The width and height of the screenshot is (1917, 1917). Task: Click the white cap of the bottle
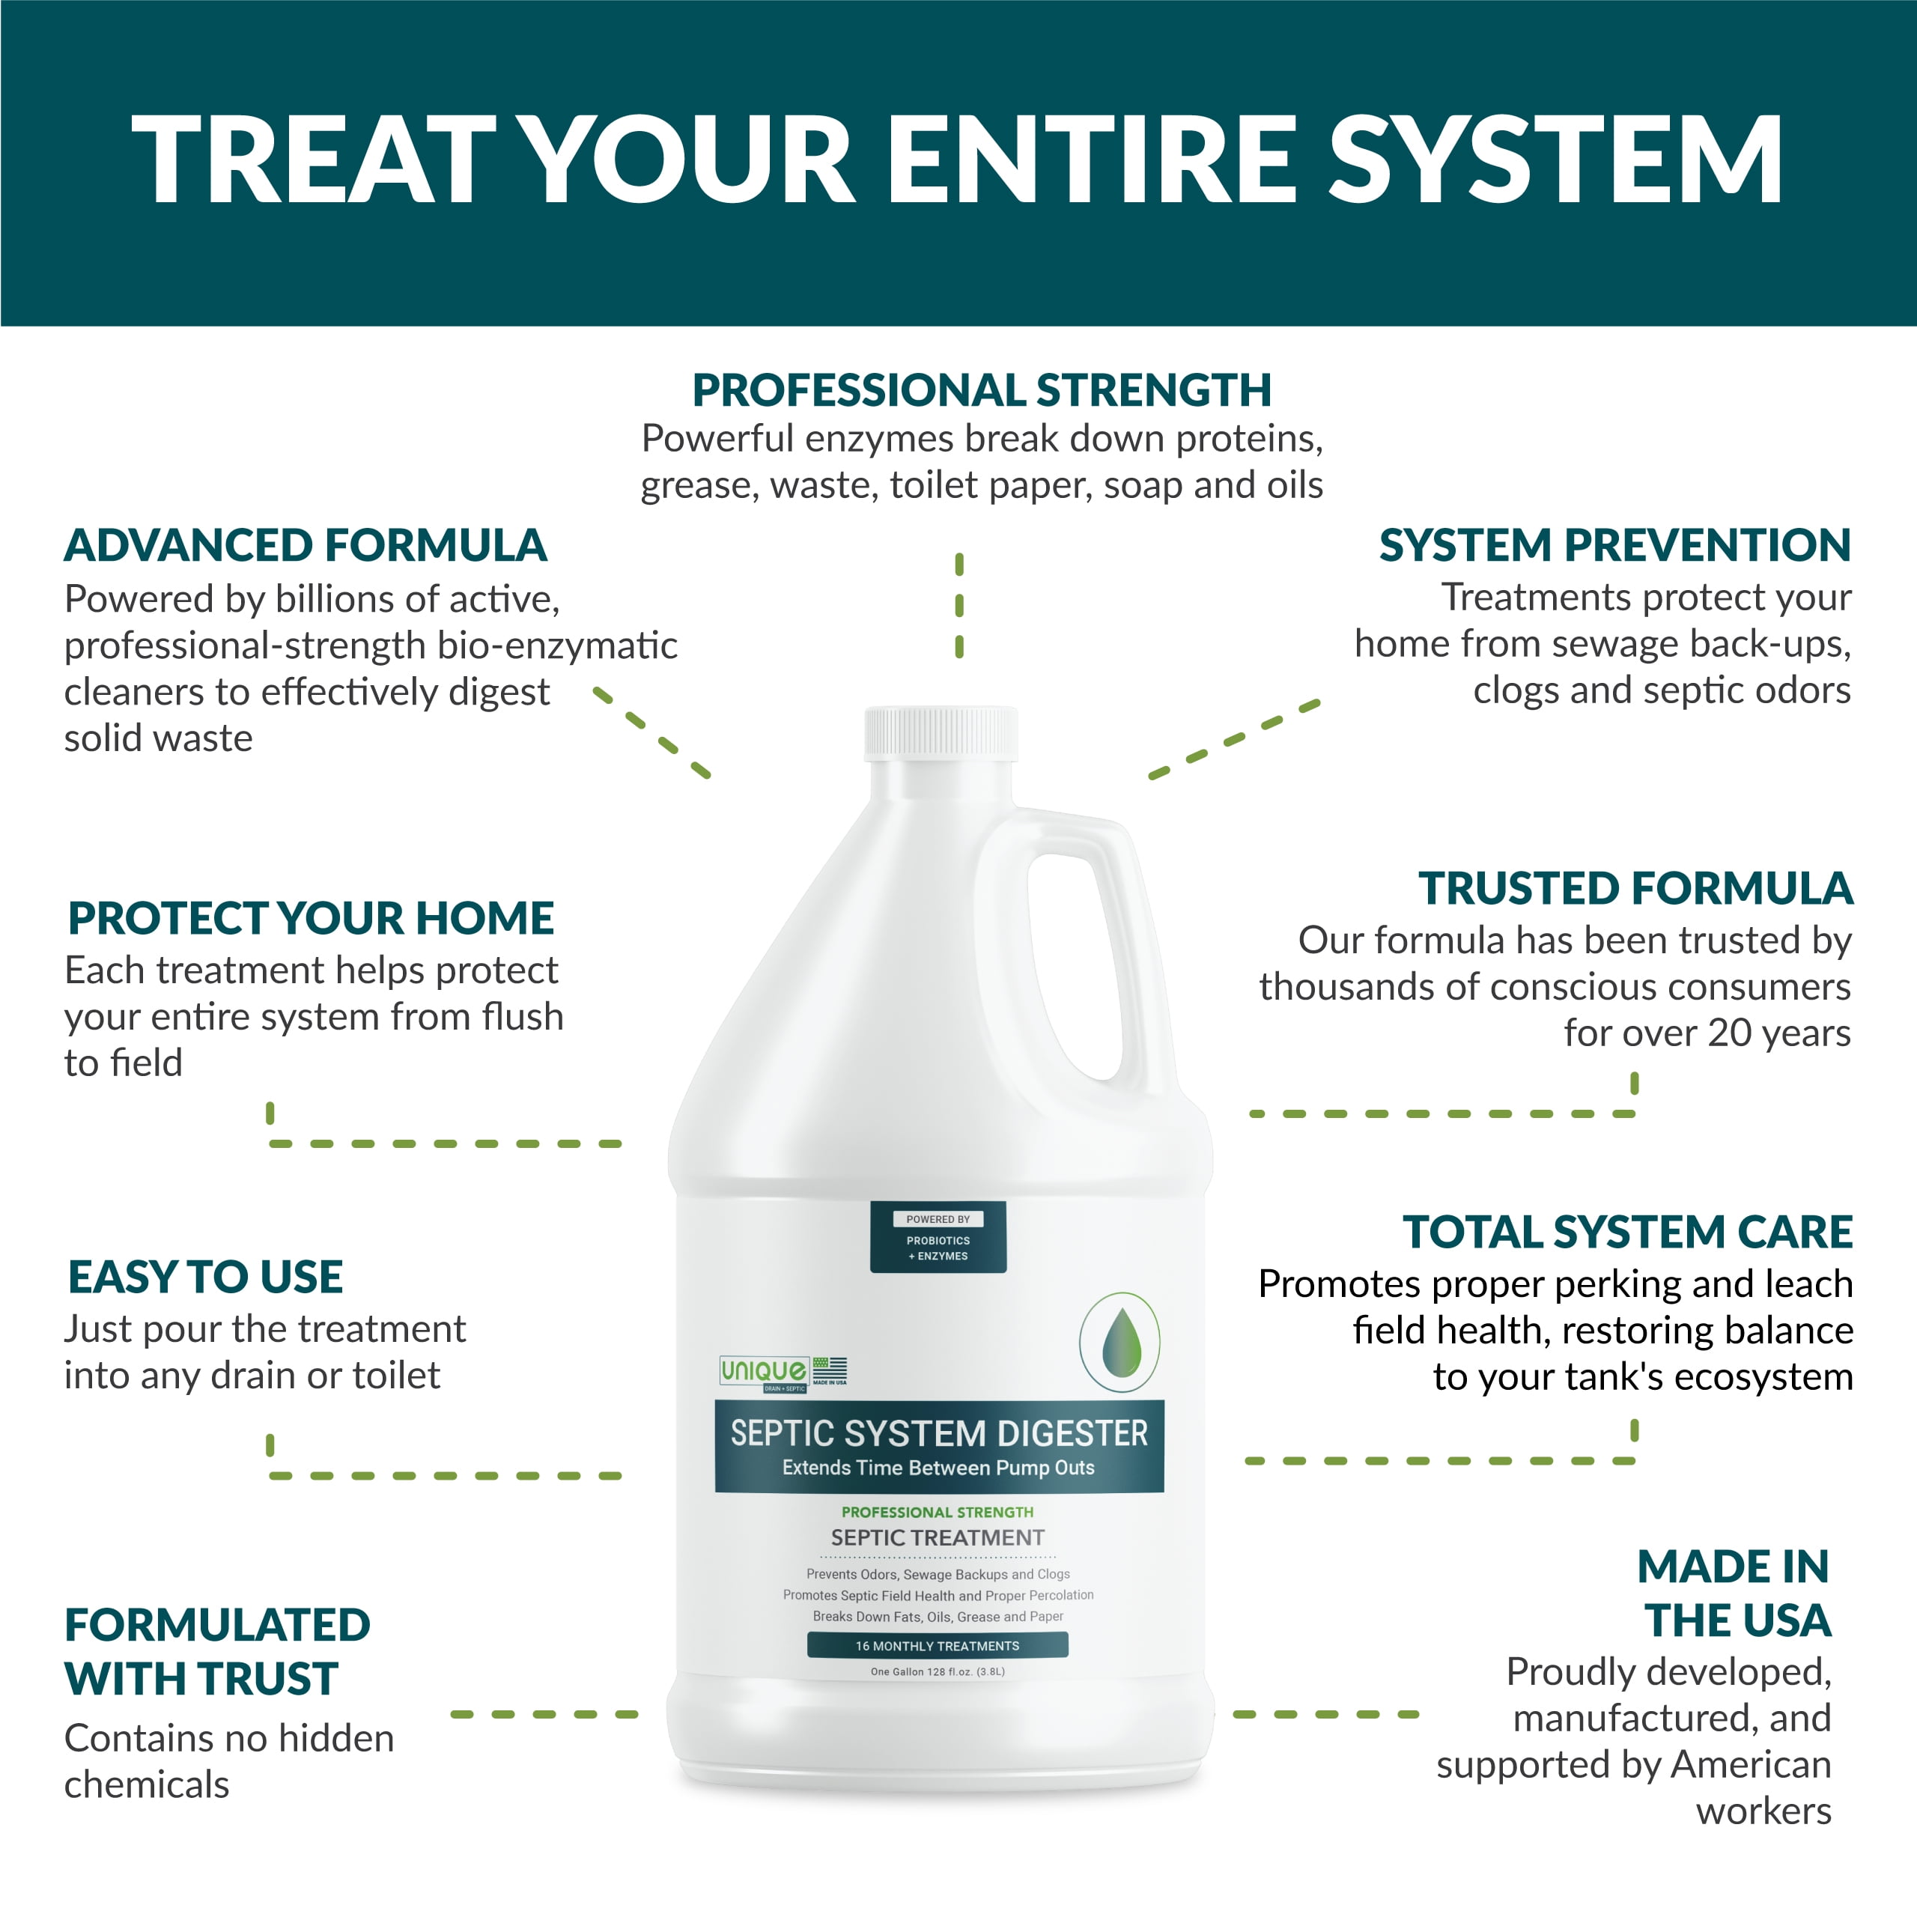pyautogui.click(x=941, y=733)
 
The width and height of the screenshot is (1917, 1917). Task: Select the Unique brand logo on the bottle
pyautogui.click(x=763, y=1373)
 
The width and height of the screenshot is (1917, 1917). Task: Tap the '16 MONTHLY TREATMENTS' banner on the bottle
pyautogui.click(x=938, y=1646)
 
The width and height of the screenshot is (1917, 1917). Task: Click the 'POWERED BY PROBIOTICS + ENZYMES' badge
pyautogui.click(x=938, y=1237)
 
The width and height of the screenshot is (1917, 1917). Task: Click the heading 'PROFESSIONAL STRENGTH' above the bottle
pyautogui.click(x=981, y=390)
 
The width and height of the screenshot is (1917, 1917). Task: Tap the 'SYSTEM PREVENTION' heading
pyautogui.click(x=1615, y=544)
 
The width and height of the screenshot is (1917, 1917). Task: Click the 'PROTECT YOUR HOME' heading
pyautogui.click(x=311, y=918)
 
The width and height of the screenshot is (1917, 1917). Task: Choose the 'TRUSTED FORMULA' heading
pyautogui.click(x=1635, y=888)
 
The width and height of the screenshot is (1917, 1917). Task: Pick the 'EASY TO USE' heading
pyautogui.click(x=205, y=1277)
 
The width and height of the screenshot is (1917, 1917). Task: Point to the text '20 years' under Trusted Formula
pyautogui.click(x=1779, y=1033)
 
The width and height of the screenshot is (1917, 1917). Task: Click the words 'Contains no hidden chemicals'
pyautogui.click(x=229, y=1761)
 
